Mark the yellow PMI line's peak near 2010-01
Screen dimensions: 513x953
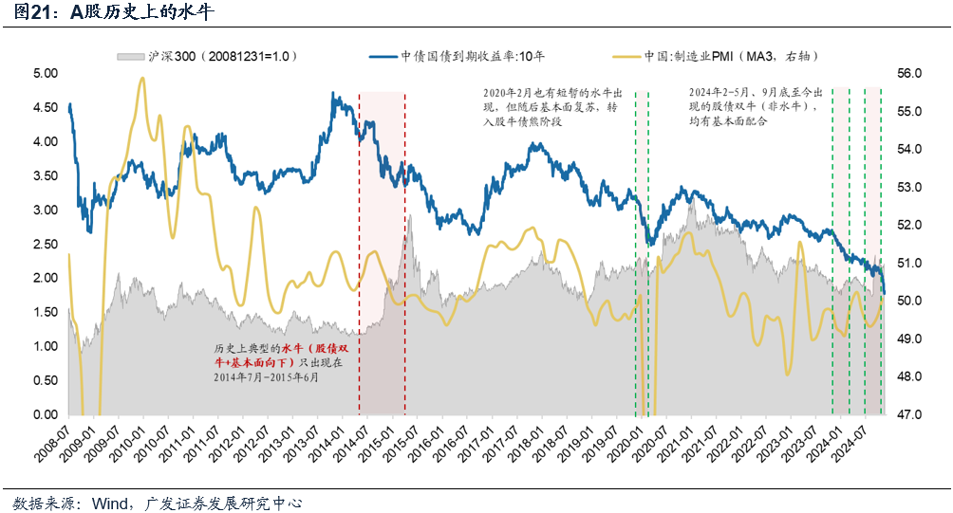point(142,79)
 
